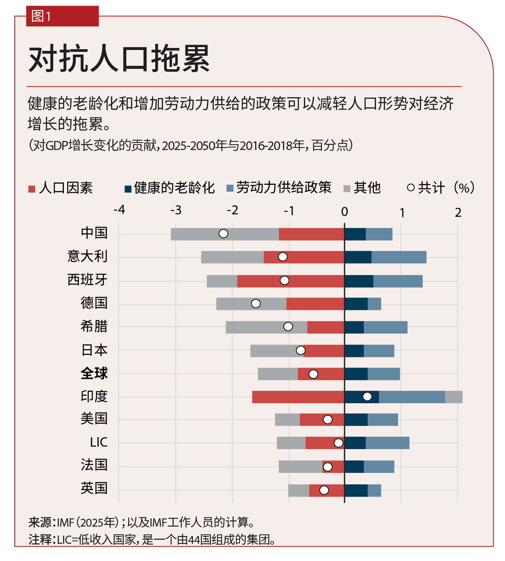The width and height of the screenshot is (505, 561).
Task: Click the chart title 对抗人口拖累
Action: (119, 59)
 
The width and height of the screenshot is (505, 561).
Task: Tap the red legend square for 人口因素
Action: (32, 189)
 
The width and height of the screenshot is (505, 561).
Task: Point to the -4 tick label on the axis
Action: (119, 210)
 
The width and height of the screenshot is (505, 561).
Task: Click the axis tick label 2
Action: (458, 213)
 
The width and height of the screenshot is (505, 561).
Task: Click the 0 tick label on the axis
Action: (344, 212)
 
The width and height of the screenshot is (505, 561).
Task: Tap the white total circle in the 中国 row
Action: (223, 234)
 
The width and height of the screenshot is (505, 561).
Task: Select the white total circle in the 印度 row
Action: (367, 397)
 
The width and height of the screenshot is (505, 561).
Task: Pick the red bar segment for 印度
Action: (298, 397)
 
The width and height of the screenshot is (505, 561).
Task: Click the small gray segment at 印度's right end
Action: (454, 397)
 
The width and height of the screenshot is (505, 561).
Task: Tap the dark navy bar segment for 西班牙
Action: (359, 281)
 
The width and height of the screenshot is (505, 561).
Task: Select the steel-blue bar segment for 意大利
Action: (399, 257)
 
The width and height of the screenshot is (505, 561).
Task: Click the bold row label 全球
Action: (94, 373)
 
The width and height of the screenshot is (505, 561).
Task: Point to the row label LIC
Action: (99, 443)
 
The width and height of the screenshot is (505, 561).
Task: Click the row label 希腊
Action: (94, 327)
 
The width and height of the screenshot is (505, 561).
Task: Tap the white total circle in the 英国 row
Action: (324, 491)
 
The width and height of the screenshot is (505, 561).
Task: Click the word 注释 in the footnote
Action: (40, 540)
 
